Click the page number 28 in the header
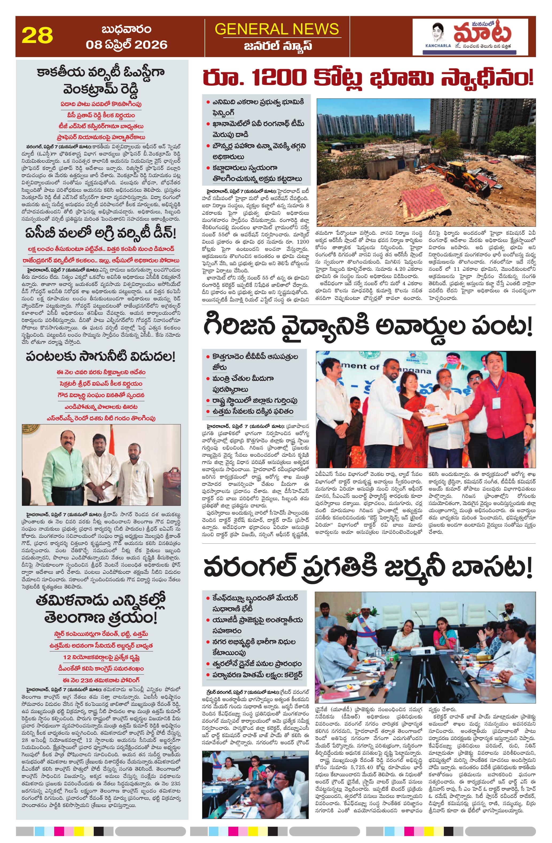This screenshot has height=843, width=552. coord(37,36)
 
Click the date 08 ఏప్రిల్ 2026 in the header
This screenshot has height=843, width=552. coord(126,45)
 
